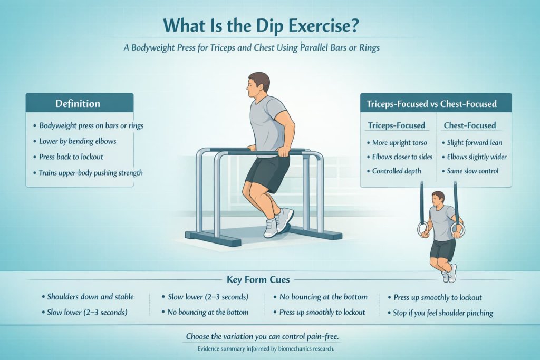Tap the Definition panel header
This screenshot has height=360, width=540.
[x=78, y=103]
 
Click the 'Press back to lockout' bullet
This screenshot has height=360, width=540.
[x=72, y=157]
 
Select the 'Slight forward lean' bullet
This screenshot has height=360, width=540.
[x=475, y=143]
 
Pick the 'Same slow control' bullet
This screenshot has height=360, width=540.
[x=472, y=171]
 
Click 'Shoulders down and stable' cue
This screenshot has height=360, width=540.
[x=90, y=297]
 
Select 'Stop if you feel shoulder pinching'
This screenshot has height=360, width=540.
[x=443, y=313]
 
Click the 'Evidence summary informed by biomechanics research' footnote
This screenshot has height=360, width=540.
[x=269, y=348]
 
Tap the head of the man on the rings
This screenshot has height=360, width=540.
[x=438, y=198]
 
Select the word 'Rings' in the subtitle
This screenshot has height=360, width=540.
[x=368, y=48]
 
